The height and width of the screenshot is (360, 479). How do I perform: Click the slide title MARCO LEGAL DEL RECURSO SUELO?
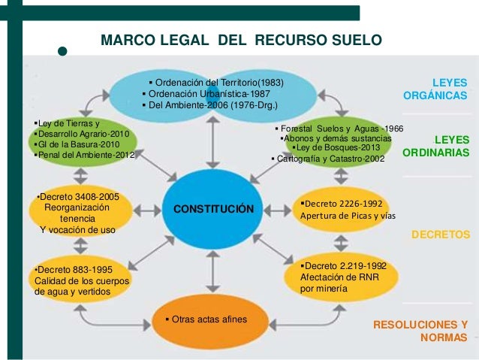tap(242, 38)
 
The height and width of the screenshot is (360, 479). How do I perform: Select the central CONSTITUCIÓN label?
tap(214, 208)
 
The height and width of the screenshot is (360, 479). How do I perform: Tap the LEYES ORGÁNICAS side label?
tap(439, 89)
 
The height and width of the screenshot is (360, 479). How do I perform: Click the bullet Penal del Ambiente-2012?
tap(85, 155)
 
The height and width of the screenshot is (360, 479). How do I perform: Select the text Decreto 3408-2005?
tap(78, 197)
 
